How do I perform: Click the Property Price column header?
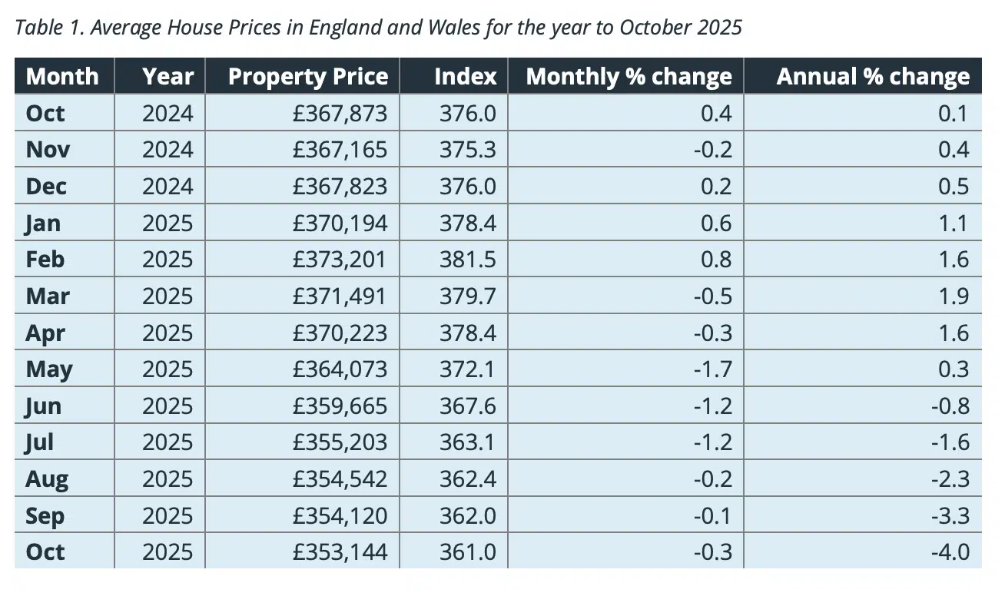308,77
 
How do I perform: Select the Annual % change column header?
873,77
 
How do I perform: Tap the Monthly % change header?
629,77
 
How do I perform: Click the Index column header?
465,77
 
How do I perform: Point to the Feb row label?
45,260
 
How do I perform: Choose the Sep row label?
45,515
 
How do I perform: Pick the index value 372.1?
468,369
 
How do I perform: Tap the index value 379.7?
468,296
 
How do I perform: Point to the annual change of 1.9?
954,296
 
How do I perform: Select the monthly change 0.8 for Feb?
717,260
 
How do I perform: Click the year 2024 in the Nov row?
167,150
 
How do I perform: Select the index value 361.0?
468,552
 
